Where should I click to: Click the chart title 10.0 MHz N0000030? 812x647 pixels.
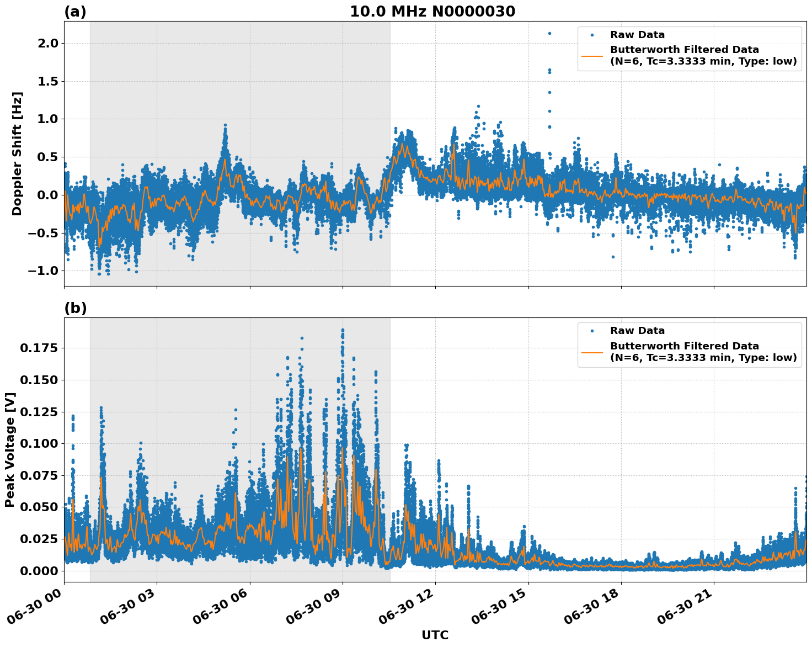tap(432, 12)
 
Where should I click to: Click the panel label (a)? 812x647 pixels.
tap(75, 12)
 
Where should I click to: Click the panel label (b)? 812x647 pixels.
tap(75, 308)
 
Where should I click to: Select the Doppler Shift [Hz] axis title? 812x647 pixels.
tap(17, 153)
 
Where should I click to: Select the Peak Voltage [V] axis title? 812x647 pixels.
tap(10, 450)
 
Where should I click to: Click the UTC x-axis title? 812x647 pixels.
tap(435, 635)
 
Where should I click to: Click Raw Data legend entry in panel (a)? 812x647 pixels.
tap(637, 35)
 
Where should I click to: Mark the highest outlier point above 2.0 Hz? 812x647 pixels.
tap(549, 33)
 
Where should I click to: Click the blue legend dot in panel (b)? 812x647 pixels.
tap(592, 331)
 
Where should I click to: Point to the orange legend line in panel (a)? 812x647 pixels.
tap(592, 55)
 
